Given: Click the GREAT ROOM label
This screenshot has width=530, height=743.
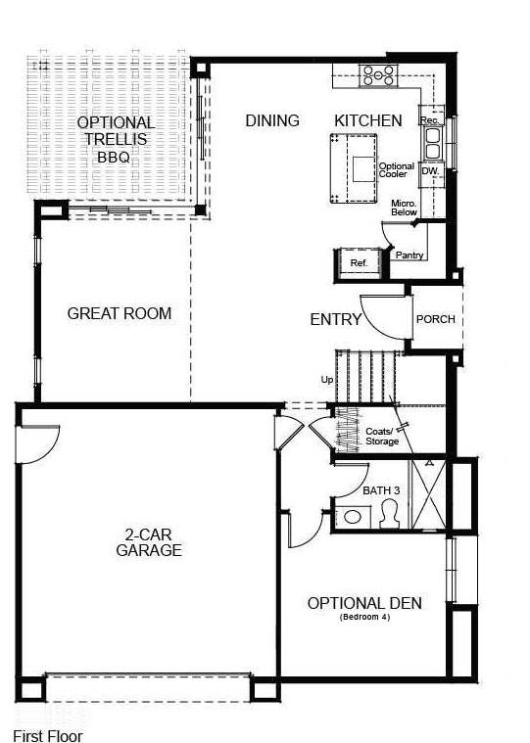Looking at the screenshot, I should (x=119, y=314).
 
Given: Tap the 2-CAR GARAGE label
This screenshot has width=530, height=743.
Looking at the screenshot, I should (x=149, y=542).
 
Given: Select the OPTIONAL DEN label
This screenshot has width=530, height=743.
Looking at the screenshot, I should (x=364, y=603).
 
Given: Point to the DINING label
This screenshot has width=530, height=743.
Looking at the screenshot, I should (x=272, y=120).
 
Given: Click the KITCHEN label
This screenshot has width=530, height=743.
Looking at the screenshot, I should (x=368, y=120).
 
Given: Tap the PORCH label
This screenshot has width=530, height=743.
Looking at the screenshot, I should (x=435, y=319).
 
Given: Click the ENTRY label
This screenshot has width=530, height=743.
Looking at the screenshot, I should (x=336, y=319).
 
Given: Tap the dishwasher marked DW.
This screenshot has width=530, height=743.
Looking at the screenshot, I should (x=429, y=171).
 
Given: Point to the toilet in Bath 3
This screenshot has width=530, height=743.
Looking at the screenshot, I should (x=389, y=513).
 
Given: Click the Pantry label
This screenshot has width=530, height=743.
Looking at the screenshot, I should (x=410, y=255).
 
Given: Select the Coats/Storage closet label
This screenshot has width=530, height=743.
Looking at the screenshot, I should (x=381, y=437).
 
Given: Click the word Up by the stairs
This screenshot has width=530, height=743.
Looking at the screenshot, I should (x=326, y=379).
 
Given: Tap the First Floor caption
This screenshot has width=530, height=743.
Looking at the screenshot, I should (x=48, y=735).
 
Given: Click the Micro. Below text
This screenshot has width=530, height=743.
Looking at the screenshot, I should (x=404, y=208).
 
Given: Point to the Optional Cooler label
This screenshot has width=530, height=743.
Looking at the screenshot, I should (x=397, y=170).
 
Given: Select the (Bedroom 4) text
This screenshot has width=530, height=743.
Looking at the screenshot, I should (x=364, y=619).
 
